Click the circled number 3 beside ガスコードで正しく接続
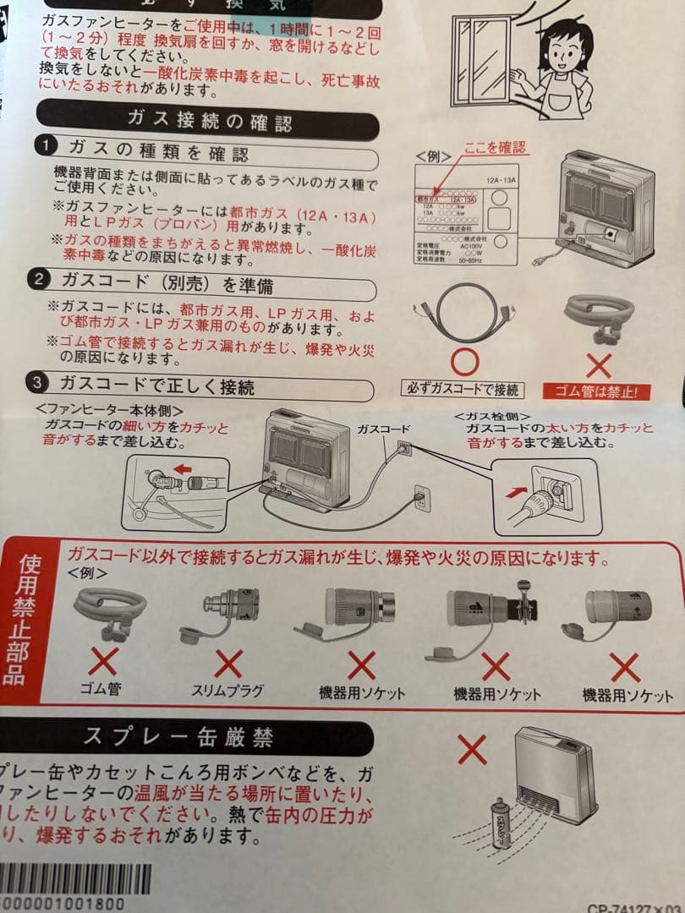tap(38, 382)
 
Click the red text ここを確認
tap(495, 147)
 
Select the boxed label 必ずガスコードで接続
tap(463, 391)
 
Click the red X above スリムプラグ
tap(227, 662)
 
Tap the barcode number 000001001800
tap(63, 903)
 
